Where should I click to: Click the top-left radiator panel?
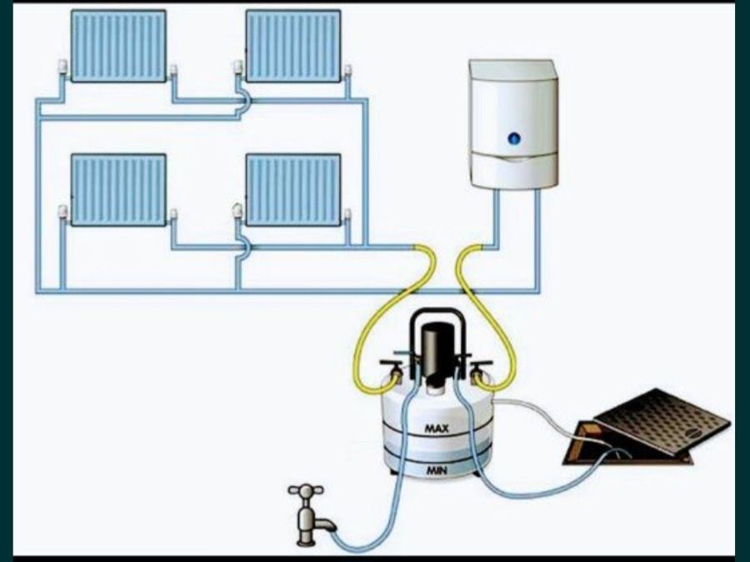118,46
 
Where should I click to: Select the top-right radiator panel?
293,46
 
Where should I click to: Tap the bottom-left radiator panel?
118,189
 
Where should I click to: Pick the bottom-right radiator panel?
293,189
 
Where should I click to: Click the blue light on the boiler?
514,138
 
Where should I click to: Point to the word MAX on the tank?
437,429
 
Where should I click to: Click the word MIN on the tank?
436,470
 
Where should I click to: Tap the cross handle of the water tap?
306,490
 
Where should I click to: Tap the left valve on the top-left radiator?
62,68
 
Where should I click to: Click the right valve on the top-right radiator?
348,70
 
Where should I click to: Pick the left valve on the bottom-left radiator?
62,212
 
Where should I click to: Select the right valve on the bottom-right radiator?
347,214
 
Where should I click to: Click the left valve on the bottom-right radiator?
237,211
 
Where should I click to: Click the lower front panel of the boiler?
514,171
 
